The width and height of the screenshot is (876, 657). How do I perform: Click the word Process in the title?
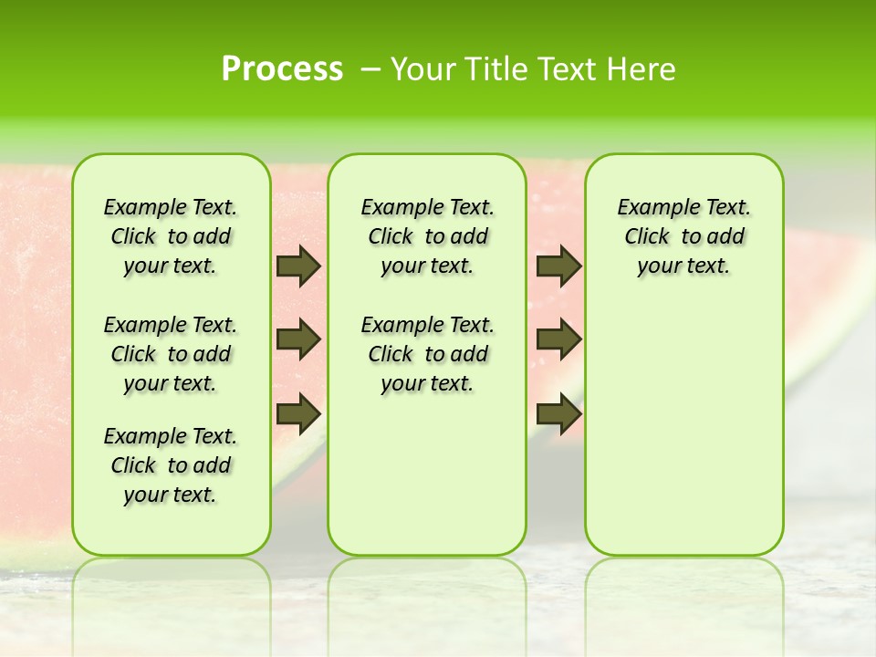pyautogui.click(x=282, y=69)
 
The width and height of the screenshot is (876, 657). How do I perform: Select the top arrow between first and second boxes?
pyautogui.click(x=298, y=266)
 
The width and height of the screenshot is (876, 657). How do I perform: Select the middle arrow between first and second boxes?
pyautogui.click(x=298, y=339)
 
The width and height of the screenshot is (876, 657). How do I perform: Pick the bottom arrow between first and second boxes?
pyautogui.click(x=298, y=413)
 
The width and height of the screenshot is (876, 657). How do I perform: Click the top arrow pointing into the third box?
pyautogui.click(x=558, y=266)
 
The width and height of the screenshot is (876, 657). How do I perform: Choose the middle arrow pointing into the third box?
pyautogui.click(x=558, y=339)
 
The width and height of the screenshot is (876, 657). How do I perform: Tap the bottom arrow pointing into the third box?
pyautogui.click(x=558, y=413)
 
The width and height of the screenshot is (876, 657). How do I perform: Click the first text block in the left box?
pyautogui.click(x=171, y=236)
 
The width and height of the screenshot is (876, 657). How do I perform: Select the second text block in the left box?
pyautogui.click(x=171, y=354)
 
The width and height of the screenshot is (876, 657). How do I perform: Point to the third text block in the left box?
pyautogui.click(x=171, y=465)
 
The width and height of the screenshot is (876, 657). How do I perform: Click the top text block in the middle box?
pyautogui.click(x=427, y=236)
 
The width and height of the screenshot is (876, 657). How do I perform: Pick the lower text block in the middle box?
pyautogui.click(x=427, y=354)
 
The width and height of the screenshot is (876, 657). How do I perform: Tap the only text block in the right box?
pyautogui.click(x=683, y=236)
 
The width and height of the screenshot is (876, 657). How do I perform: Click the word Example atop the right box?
pyautogui.click(x=650, y=208)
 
